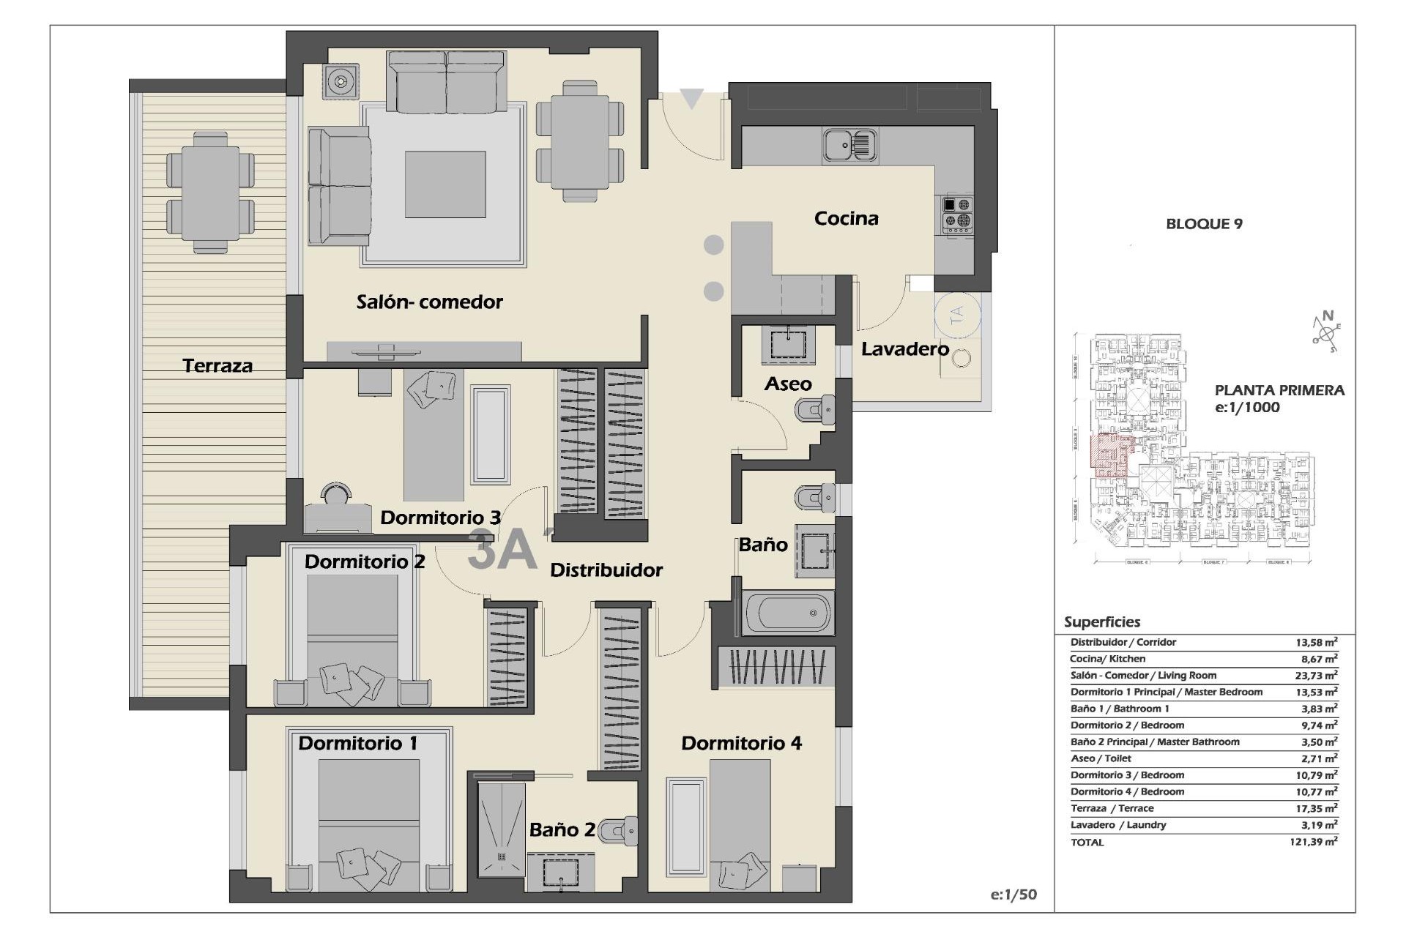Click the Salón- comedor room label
point(429,302)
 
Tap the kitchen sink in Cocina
point(849,144)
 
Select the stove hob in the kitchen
point(957,213)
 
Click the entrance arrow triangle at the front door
point(691,97)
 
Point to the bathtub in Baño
point(788,613)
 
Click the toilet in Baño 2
point(620,830)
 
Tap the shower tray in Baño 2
point(502,829)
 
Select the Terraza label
point(217,365)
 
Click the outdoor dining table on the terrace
point(210,193)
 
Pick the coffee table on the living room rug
point(445,184)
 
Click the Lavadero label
point(904,349)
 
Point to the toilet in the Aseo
point(815,410)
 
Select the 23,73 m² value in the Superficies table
point(1315,676)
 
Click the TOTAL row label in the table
point(1087,843)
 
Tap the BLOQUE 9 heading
point(1204,224)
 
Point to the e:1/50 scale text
point(1013,895)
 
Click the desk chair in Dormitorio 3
point(336,494)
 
